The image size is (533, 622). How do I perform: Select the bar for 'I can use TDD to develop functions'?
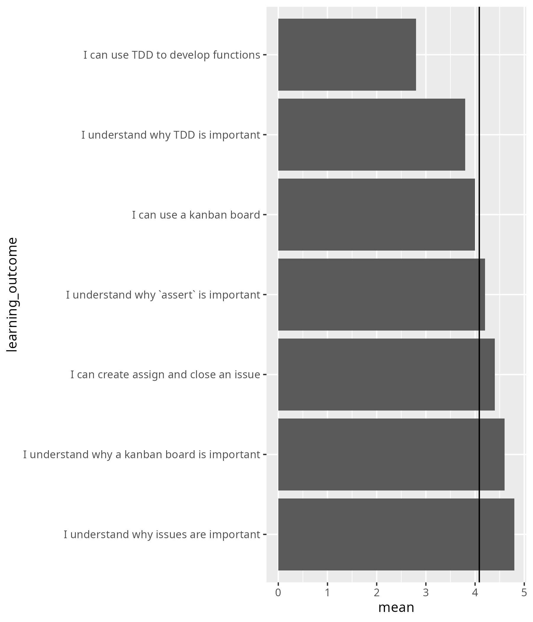[347, 54]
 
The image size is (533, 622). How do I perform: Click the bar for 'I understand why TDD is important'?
[372, 134]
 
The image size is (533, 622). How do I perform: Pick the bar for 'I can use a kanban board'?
[376, 214]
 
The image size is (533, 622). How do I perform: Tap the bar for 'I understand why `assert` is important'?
[381, 294]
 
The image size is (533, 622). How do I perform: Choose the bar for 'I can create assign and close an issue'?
[386, 374]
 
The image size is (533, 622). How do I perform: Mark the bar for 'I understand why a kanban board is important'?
[391, 454]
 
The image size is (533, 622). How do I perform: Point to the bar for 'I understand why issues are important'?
[396, 534]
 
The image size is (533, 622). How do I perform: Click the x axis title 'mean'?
[396, 607]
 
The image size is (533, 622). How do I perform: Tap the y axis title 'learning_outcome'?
[12, 294]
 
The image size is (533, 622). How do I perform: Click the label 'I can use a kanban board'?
[196, 215]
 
